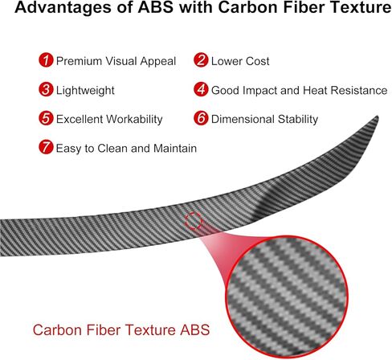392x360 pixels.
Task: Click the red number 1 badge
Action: tap(46, 60)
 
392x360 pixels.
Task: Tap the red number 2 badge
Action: tap(201, 60)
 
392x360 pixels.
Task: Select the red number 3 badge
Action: tap(46, 89)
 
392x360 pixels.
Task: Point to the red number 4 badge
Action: tap(201, 89)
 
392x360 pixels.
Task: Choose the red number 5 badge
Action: tap(46, 118)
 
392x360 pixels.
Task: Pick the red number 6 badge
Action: tap(201, 118)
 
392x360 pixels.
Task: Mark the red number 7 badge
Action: tap(46, 147)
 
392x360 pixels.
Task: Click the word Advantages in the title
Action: tap(63, 7)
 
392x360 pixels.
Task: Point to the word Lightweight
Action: tap(85, 91)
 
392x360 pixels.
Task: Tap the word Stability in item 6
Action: tap(298, 120)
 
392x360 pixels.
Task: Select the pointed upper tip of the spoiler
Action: tap(378, 117)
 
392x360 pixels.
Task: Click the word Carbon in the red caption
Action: tap(58, 329)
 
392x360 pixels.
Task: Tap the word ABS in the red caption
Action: tap(194, 329)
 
